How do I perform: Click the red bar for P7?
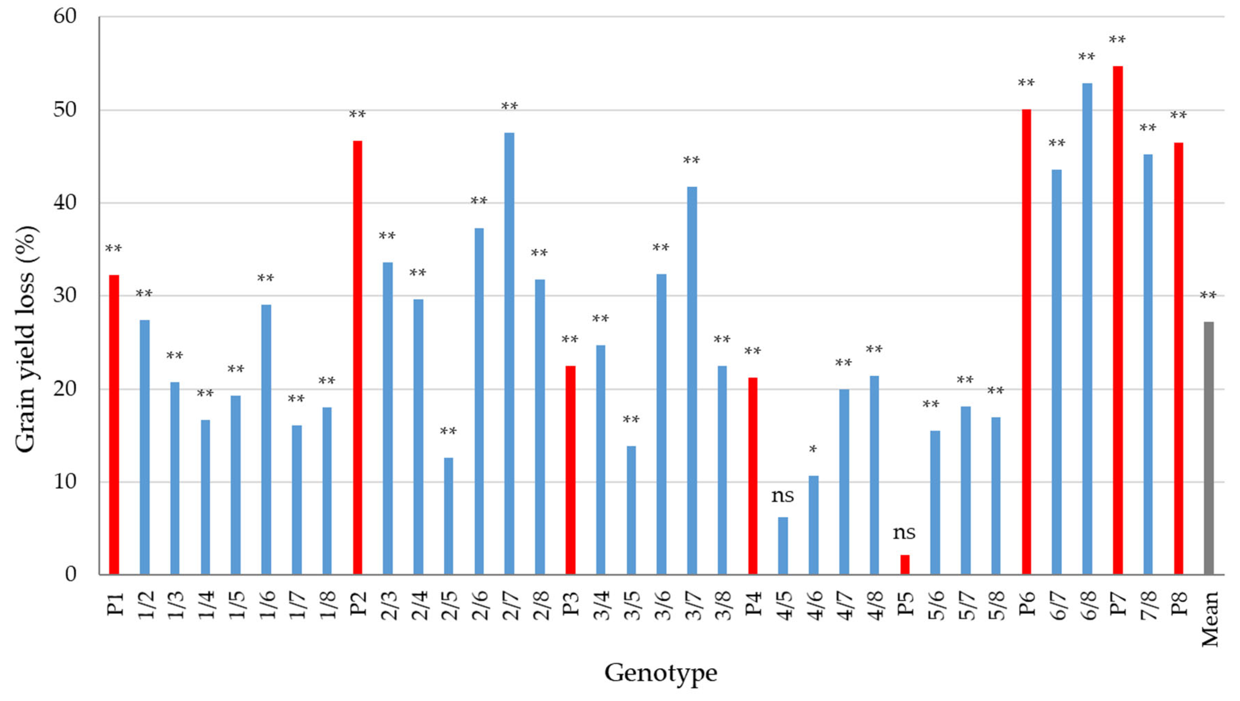[1117, 320]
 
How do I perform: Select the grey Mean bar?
[1209, 448]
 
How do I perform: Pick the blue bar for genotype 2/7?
[509, 353]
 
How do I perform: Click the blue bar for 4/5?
[783, 545]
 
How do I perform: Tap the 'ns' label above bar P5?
[904, 532]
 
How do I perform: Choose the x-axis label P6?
[1027, 604]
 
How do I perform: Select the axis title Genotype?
[660, 673]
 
